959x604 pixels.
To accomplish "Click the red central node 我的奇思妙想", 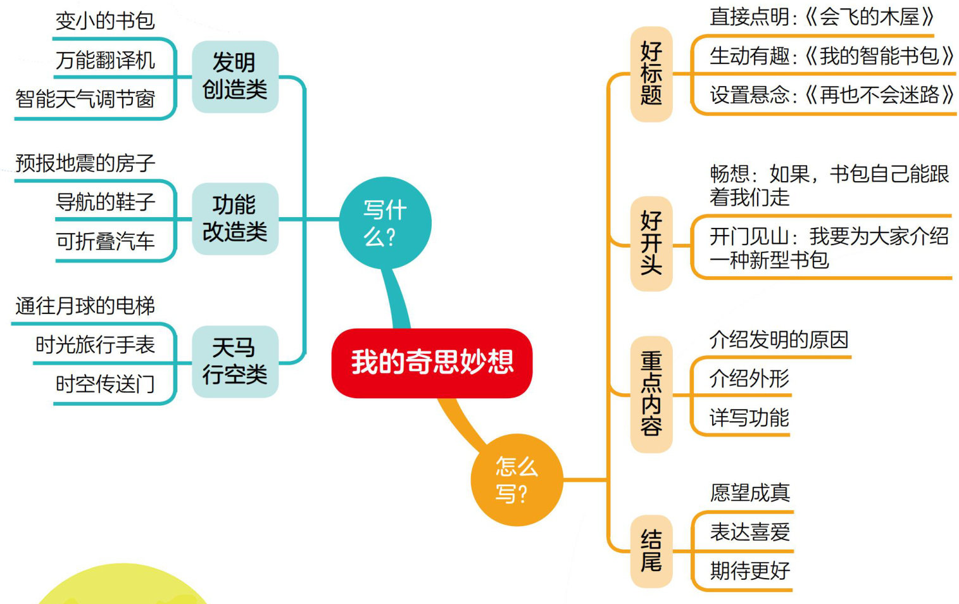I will click(x=432, y=362).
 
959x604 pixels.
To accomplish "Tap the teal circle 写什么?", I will click(x=385, y=223).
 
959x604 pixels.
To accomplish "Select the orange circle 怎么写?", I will click(x=517, y=480).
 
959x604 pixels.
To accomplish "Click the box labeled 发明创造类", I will click(x=235, y=77).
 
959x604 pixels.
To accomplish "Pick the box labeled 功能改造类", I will click(x=235, y=218).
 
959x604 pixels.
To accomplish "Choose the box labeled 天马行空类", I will click(x=235, y=362).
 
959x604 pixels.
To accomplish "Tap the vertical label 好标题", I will click(x=651, y=73).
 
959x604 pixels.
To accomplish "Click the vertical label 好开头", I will click(x=651, y=244).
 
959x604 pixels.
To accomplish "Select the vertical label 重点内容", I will click(x=651, y=394).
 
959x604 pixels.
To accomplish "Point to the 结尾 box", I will click(x=651, y=551).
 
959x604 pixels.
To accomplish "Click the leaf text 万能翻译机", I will click(x=105, y=60).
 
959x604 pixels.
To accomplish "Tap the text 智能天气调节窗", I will click(x=85, y=99).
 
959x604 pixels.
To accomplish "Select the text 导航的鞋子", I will click(x=105, y=202).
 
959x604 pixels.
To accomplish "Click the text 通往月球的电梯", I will click(x=85, y=306).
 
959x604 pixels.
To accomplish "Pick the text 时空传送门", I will click(x=105, y=384).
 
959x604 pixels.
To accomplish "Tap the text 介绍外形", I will click(x=749, y=379).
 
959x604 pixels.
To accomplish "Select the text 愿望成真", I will click(x=750, y=492).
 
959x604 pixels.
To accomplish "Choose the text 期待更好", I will click(x=750, y=570).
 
